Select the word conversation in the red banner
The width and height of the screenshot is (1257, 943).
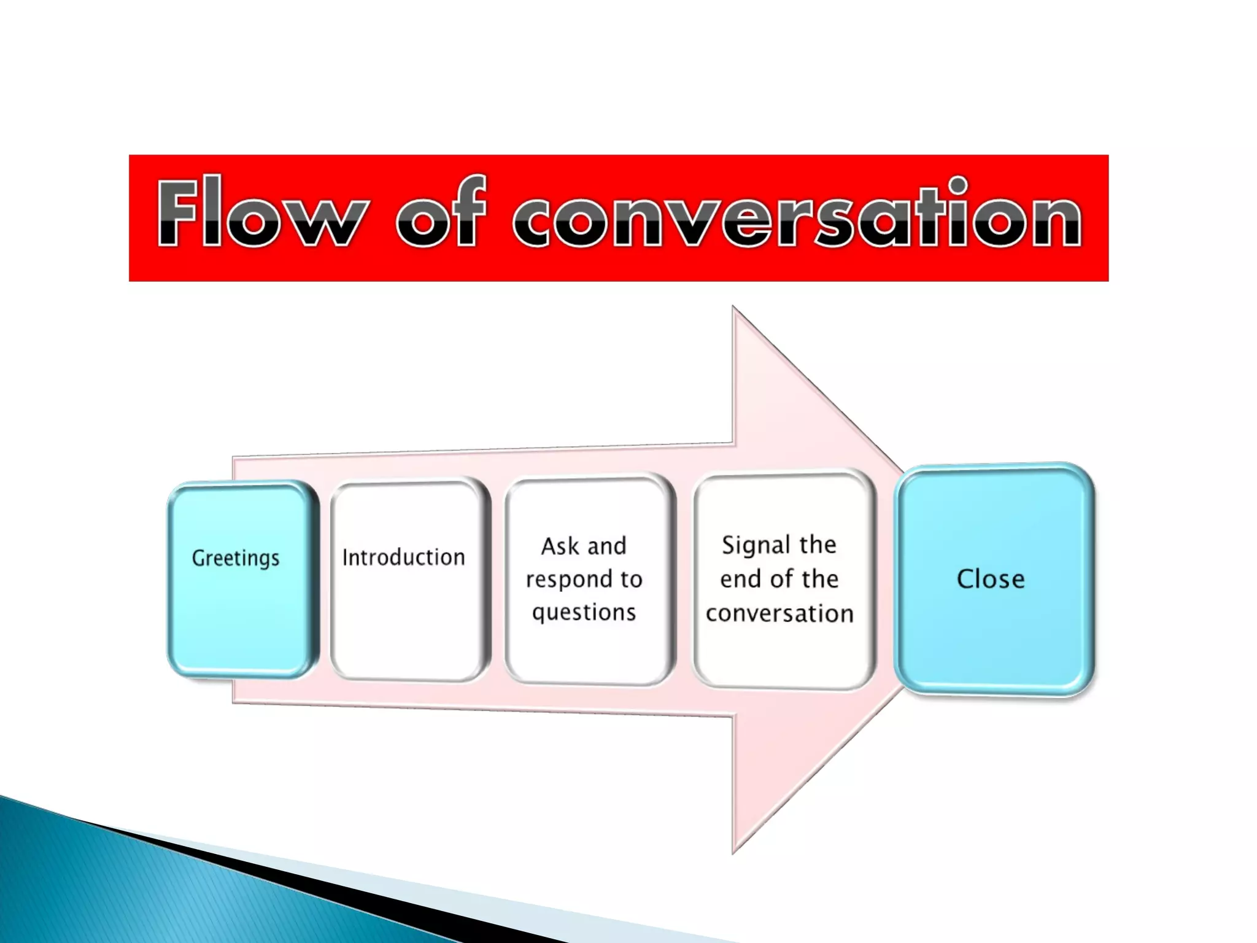797,215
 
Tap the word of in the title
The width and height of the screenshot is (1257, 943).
441,212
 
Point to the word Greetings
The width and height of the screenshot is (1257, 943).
236,559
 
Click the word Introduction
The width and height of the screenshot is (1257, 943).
403,557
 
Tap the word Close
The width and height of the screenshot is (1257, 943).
991,579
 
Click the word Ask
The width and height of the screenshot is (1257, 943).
559,546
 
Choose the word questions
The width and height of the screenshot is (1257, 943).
584,613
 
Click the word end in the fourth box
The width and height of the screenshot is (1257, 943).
740,579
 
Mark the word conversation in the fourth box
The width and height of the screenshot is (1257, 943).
779,613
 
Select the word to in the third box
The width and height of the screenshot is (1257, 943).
631,580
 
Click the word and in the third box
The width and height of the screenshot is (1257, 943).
607,546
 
